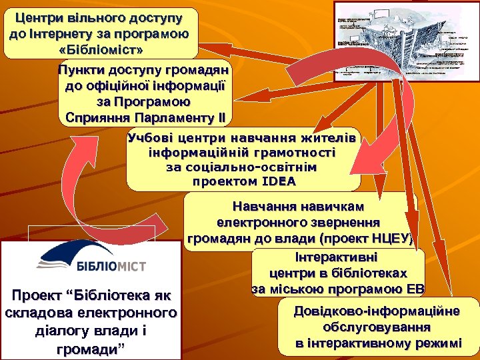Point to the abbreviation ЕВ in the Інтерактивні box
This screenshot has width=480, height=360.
(414, 289)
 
